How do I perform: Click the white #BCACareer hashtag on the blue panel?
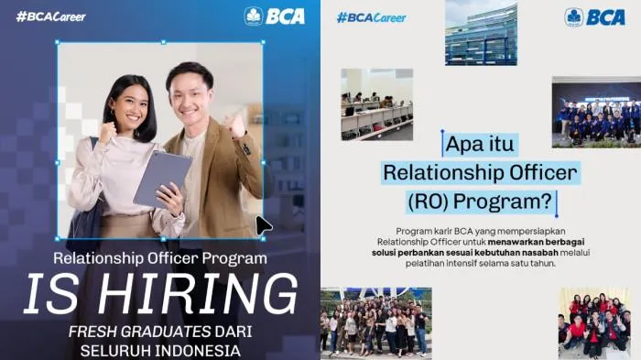(51, 16)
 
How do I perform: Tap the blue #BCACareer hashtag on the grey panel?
(372, 18)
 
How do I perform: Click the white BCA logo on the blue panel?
(275, 16)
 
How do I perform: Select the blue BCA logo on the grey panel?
(595, 17)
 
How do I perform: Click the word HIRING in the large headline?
(198, 294)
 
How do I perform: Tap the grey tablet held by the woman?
(162, 179)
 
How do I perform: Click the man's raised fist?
(236, 125)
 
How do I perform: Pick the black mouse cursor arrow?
(264, 226)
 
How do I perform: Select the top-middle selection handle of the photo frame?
(164, 42)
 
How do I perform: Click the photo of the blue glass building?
(481, 33)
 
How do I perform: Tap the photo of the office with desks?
(377, 104)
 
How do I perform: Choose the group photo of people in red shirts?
(595, 323)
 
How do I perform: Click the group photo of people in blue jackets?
(596, 113)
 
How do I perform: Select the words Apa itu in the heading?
(480, 144)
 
